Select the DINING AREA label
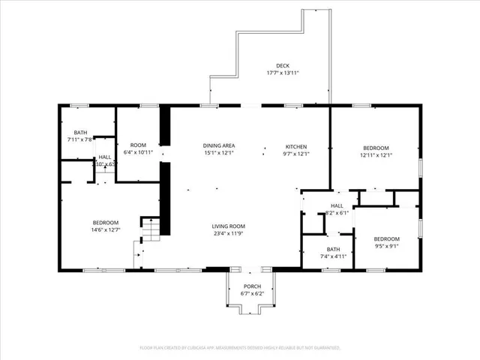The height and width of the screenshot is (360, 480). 219,145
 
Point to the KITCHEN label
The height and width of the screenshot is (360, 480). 296,146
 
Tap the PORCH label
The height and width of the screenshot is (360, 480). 252,287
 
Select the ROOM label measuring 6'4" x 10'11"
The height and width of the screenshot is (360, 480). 138,145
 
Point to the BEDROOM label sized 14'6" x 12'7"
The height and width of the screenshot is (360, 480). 105,222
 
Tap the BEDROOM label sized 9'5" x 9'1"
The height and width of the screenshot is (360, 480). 387,238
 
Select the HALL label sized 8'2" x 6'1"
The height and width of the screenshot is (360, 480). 337,205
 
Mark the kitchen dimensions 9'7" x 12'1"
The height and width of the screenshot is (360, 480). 296,154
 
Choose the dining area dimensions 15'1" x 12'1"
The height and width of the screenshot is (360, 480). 219,154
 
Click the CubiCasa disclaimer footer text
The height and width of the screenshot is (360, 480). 240,347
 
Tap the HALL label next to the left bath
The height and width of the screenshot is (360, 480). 105,157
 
